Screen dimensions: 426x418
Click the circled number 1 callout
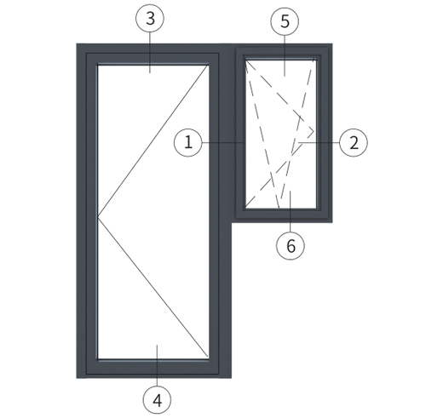(x=188, y=142)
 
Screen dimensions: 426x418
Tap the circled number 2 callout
(x=354, y=143)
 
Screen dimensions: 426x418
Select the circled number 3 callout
(x=150, y=19)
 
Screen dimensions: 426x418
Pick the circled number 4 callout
(x=157, y=400)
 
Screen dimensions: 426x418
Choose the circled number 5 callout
(x=285, y=21)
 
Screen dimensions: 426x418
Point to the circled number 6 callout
(x=291, y=245)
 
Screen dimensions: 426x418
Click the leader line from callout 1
(x=222, y=142)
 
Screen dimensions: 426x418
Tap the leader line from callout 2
(x=319, y=142)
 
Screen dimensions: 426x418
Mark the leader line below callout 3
(x=150, y=53)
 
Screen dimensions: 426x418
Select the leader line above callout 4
(x=157, y=365)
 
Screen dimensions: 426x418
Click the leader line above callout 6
(x=291, y=211)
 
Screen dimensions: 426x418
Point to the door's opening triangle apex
(x=98, y=218)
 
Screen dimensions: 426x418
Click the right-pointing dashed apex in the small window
(x=314, y=131)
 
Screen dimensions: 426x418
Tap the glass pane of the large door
(x=153, y=212)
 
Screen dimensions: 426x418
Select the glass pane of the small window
(x=281, y=134)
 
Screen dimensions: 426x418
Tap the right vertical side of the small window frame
(x=324, y=133)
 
